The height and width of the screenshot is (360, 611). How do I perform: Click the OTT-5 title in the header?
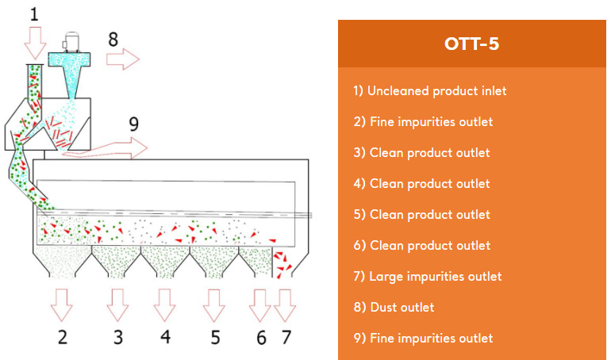point(471,44)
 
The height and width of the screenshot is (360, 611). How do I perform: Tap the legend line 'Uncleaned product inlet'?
point(430,90)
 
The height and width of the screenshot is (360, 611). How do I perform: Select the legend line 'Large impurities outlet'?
point(428,276)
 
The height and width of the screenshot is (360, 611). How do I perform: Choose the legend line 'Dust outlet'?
point(394,307)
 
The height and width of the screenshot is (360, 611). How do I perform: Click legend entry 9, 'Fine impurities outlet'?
point(423,339)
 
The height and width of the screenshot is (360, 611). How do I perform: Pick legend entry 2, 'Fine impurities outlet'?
point(423,122)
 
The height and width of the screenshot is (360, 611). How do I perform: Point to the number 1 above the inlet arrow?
point(34,14)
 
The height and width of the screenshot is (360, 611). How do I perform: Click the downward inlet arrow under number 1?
point(35,43)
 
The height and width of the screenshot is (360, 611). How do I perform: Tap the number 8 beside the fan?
point(113,40)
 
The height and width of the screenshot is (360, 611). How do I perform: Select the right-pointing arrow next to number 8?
point(123,59)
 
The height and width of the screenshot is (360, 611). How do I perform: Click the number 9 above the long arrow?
point(133,124)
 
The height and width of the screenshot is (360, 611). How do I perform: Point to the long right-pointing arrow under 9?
point(106,149)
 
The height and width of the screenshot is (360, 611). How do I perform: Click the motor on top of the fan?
point(71,42)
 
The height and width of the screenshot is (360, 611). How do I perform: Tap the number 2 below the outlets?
point(63,338)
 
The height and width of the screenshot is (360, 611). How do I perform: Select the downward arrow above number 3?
point(117,305)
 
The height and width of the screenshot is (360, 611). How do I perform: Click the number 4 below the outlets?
point(166,337)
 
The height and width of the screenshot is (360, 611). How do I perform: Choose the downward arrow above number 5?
point(214,305)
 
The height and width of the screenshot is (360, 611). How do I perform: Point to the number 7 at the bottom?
point(286,338)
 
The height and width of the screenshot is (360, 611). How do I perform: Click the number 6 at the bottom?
point(262,338)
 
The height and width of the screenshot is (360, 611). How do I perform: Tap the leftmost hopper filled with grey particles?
point(62,262)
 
